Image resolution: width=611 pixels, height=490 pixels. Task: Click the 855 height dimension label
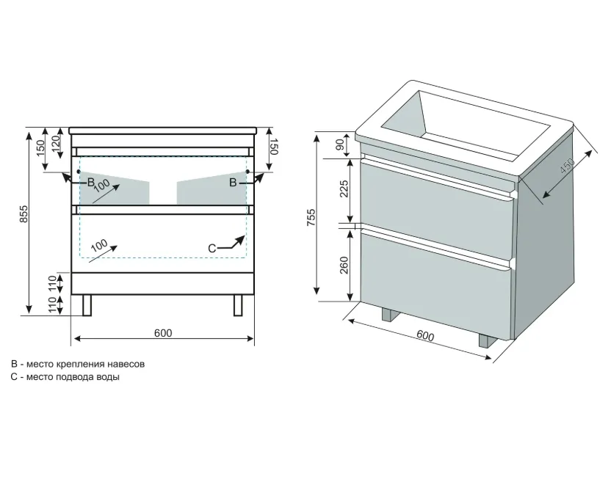(23, 213)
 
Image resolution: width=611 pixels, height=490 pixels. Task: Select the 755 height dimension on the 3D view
(311, 218)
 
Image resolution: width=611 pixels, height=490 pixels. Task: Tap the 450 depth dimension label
(567, 166)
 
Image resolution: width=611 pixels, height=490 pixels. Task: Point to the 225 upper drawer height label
(344, 189)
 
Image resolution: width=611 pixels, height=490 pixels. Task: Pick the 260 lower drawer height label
(344, 265)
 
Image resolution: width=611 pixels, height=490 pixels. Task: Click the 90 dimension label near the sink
(340, 145)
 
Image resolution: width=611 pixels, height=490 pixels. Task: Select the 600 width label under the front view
(163, 333)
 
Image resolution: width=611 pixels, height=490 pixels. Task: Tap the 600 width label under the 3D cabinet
(425, 335)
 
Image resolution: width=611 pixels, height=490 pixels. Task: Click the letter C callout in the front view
(212, 249)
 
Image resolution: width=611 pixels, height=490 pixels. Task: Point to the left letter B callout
(90, 182)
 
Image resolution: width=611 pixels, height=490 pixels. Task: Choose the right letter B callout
(233, 182)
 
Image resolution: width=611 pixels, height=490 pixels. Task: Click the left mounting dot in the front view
(79, 171)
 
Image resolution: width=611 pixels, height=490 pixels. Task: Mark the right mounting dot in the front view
(247, 171)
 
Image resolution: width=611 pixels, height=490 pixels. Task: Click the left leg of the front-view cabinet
(87, 305)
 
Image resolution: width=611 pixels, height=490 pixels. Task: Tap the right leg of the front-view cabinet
(238, 305)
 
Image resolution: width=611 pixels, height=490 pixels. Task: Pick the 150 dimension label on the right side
(273, 147)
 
